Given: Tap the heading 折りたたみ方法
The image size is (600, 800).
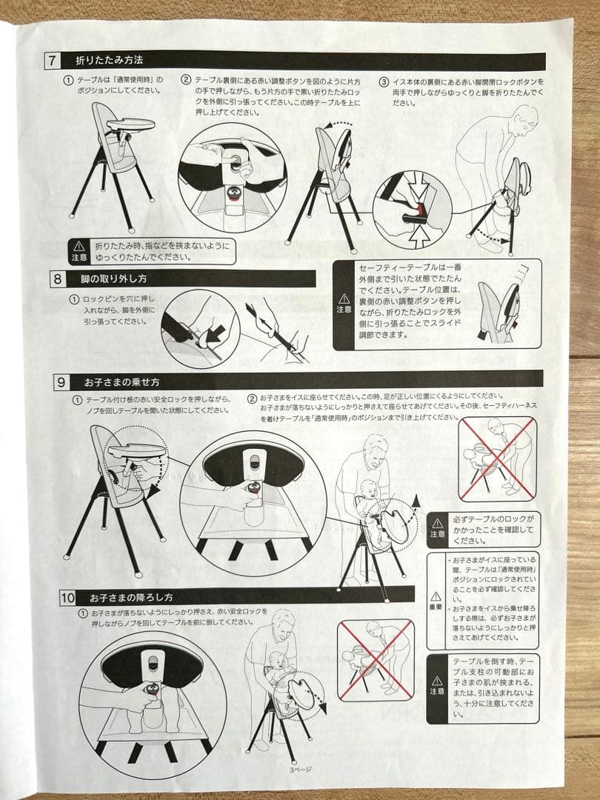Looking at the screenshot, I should tap(109, 59).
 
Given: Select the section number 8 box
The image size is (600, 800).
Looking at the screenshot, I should tap(58, 280).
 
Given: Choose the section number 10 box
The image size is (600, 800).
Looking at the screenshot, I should tap(67, 597).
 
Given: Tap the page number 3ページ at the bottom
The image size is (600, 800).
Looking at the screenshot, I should tap(301, 769).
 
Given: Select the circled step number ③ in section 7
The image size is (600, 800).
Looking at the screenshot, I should tap(383, 82).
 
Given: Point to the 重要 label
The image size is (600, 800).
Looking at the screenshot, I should tap(436, 606).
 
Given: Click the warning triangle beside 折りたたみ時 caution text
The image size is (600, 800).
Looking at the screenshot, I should tap(79, 246).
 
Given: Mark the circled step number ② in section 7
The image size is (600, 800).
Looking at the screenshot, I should tap(187, 81).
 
